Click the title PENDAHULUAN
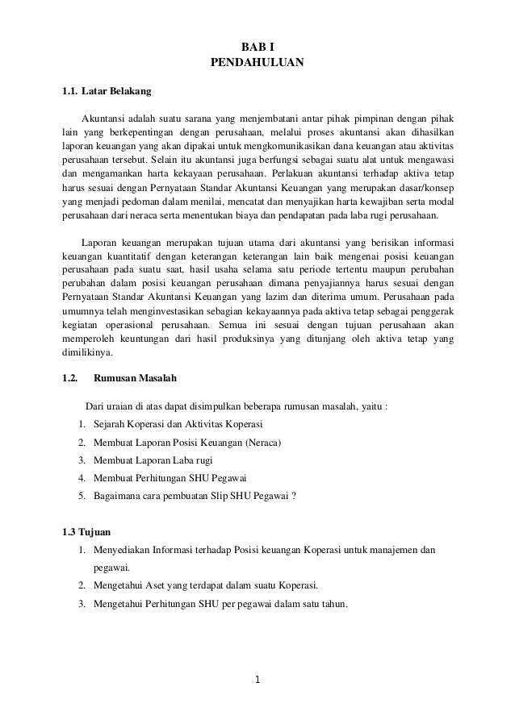(x=257, y=62)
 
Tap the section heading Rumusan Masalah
(x=136, y=377)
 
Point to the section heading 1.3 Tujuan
(x=87, y=531)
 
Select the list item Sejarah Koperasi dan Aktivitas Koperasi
(x=178, y=424)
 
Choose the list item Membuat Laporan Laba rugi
(x=154, y=460)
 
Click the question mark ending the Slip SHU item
(x=294, y=496)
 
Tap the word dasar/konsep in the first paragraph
(x=427, y=185)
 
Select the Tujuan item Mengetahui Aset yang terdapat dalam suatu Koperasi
(x=206, y=585)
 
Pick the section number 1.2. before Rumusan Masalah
(x=70, y=377)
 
